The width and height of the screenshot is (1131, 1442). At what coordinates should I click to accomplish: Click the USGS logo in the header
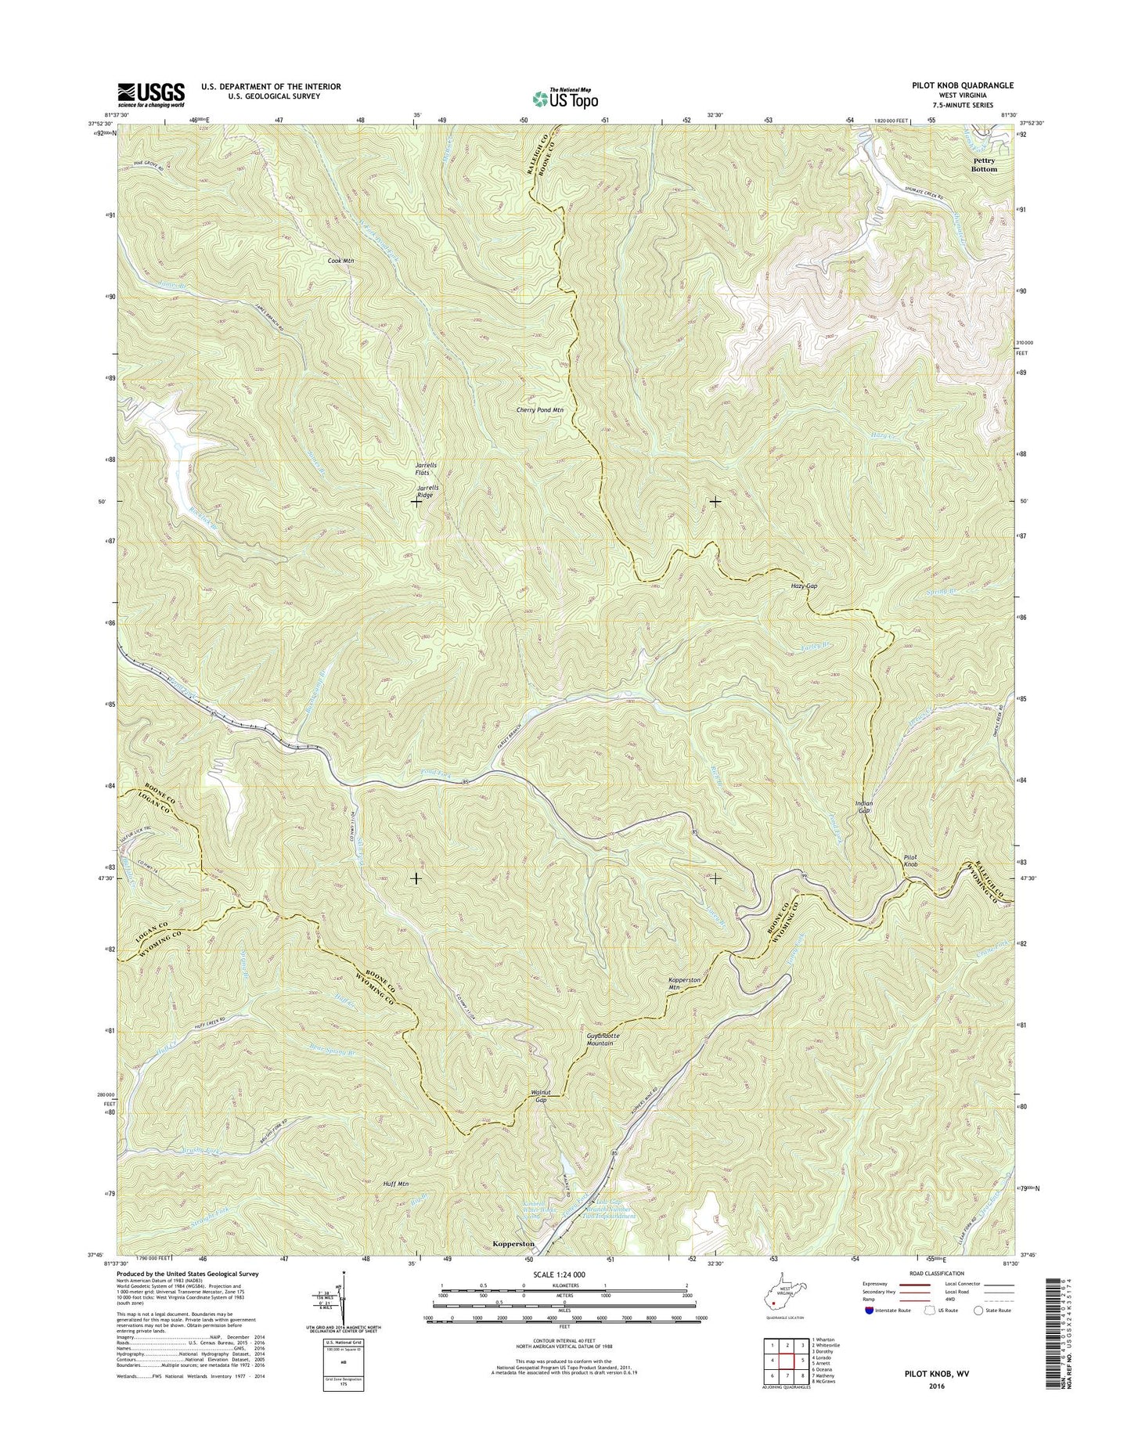[151, 94]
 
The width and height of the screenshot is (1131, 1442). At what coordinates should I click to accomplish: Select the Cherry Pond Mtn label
[540, 409]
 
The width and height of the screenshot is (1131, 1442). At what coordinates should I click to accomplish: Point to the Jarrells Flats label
[426, 469]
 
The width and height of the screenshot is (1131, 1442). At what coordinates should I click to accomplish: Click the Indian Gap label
[863, 807]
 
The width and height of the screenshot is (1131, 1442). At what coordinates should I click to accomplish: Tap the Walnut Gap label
[538, 1095]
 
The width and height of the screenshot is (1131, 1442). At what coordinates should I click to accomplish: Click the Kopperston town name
[513, 1243]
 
